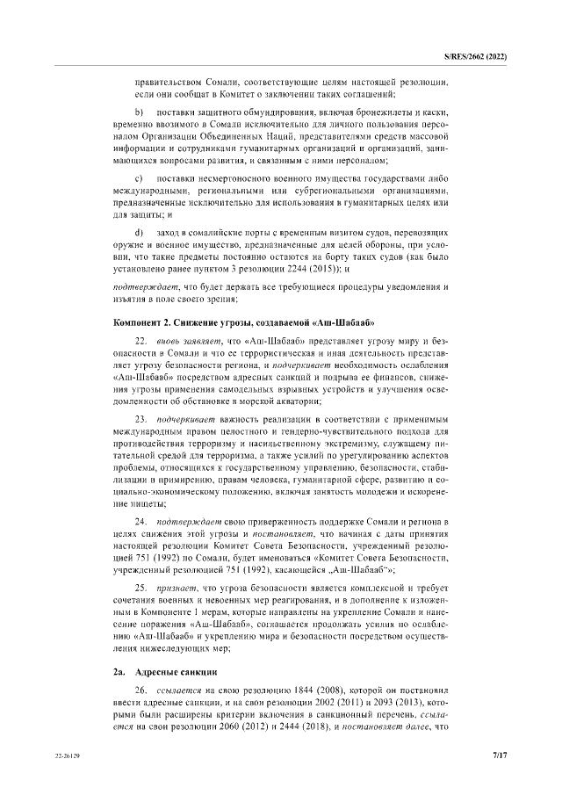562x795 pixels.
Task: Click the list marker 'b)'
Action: click(139, 114)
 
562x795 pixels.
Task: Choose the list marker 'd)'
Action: click(139, 231)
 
